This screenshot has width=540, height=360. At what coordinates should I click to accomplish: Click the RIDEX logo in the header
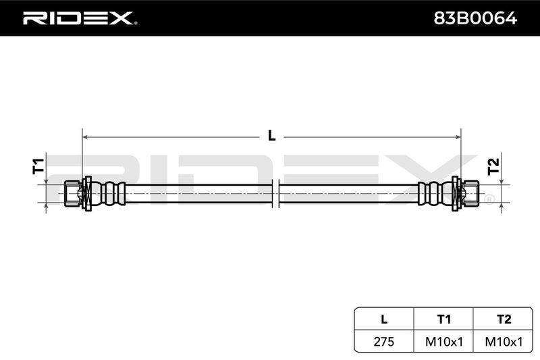(x=78, y=18)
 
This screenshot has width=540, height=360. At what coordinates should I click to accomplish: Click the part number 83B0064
(x=475, y=18)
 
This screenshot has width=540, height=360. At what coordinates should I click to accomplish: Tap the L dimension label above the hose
(x=272, y=136)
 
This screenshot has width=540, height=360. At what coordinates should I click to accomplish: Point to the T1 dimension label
(x=38, y=165)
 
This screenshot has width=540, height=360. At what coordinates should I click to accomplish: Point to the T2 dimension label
(x=493, y=166)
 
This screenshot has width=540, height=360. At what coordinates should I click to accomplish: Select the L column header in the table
(x=384, y=319)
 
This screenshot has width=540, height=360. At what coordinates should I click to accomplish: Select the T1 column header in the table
(x=443, y=319)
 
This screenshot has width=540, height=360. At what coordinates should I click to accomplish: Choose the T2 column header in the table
(x=504, y=319)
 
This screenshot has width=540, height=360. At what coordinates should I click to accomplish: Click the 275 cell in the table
(x=383, y=341)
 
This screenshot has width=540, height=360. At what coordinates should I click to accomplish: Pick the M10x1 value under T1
(x=444, y=341)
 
